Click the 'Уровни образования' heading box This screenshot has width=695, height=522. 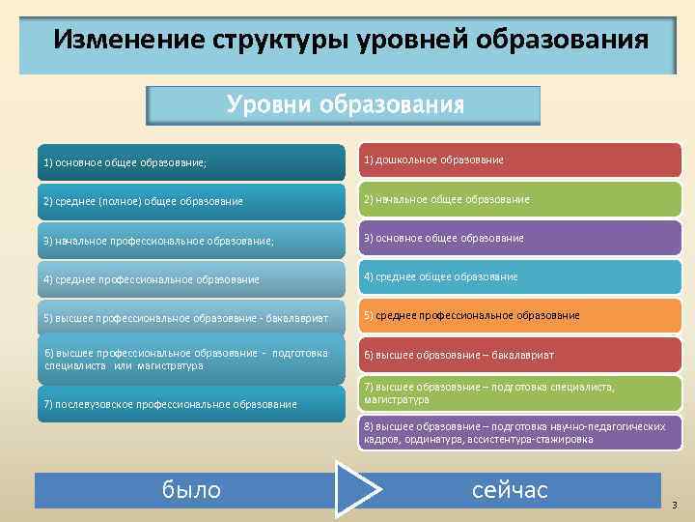pos(344,104)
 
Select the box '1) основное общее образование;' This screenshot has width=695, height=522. pos(191,162)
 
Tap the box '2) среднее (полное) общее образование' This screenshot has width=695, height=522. pos(191,201)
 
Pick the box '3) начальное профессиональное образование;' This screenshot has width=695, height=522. pos(191,241)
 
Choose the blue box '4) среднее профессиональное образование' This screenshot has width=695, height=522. pos(191,279)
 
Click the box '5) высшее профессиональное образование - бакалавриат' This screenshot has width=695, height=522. pos(191,318)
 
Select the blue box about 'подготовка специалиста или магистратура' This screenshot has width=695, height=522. pos(191,359)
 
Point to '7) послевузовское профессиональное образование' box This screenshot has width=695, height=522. pos(191,403)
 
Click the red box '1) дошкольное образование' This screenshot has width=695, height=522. pos(520,159)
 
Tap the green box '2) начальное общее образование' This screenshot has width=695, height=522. pos(520,199)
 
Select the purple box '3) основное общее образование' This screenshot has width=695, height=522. pos(520,238)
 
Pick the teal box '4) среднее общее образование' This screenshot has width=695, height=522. pos(520,276)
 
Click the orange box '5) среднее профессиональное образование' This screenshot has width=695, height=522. pos(520,315)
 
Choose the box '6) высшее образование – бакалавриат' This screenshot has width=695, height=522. pos(520,355)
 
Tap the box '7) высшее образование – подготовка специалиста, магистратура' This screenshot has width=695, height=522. pos(520,393)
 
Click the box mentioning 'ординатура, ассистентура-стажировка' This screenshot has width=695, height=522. pos(520,432)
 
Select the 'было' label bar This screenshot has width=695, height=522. pos(191,490)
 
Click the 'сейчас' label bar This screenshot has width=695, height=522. pos(510,490)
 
